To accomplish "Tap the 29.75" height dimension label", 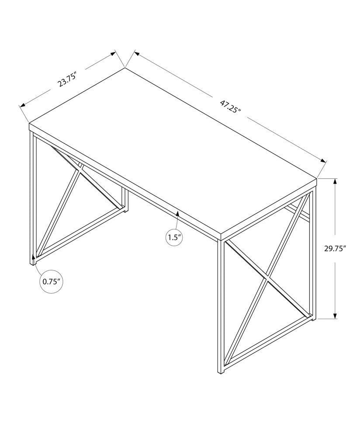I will (335, 249).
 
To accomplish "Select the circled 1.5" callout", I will (174, 238).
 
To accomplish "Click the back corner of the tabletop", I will (125, 68).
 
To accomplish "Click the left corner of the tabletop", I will (29, 124).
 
